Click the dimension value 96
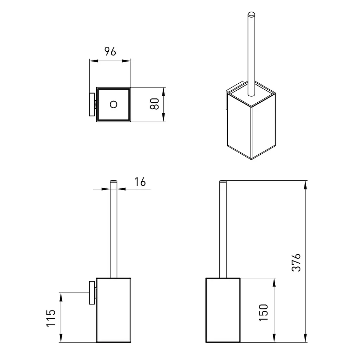coord(110,51)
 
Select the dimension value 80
coord(155,104)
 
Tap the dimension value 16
coord(140,182)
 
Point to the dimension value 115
coord(51,318)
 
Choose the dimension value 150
coord(263,313)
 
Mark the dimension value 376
coord(296,263)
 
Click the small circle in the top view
coord(114,104)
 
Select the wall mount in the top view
coord(92,104)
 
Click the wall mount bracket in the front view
coord(92,292)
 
